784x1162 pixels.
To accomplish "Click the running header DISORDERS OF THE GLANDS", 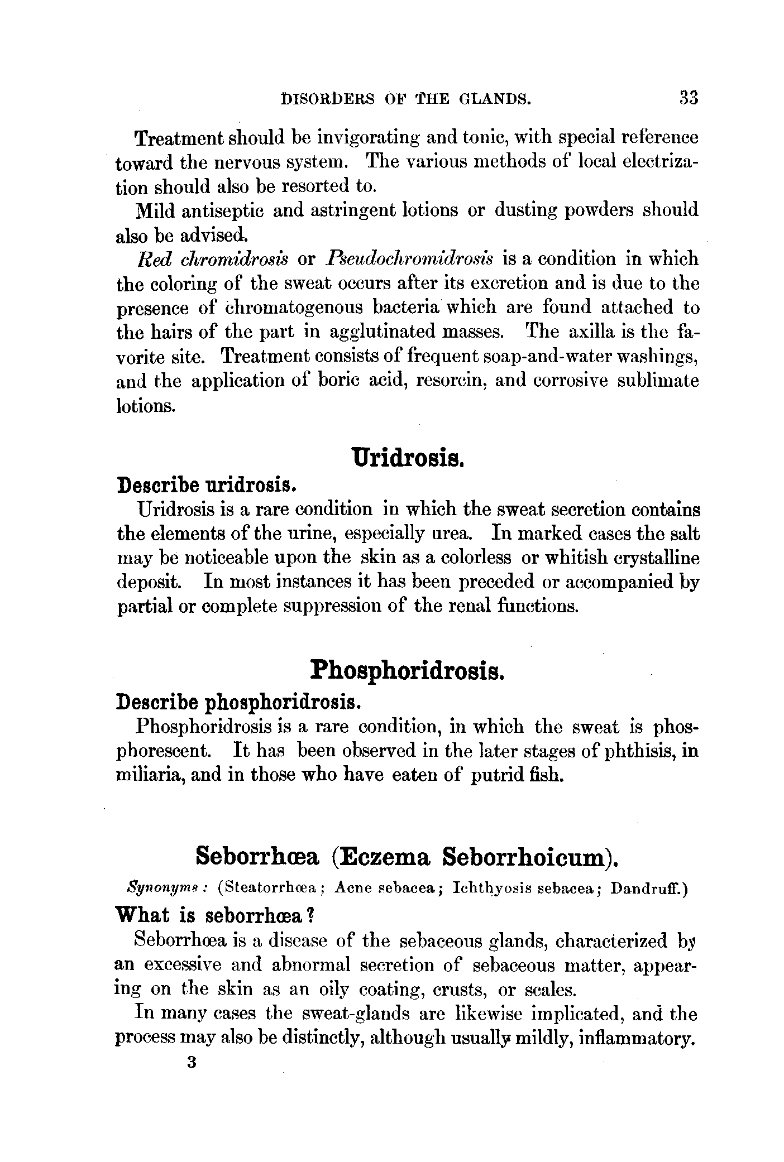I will coord(405,99).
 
